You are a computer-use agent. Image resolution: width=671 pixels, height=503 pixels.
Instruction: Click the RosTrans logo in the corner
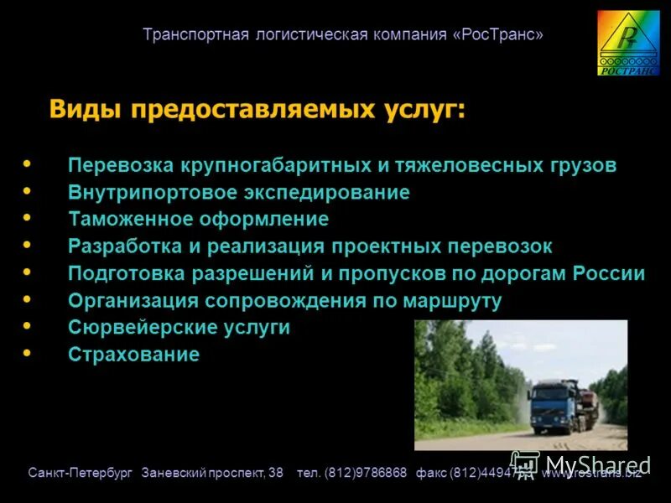627,43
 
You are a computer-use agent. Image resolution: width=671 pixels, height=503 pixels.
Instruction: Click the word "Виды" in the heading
80,109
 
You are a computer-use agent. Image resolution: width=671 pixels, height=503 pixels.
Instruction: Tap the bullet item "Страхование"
133,355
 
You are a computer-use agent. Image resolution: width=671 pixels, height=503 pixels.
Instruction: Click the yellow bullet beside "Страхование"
27,353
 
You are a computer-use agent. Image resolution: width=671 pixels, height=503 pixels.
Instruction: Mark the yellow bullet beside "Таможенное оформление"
27,218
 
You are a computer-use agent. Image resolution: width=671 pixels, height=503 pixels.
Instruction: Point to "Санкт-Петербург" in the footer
81,474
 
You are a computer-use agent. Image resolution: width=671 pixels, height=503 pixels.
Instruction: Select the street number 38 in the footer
275,474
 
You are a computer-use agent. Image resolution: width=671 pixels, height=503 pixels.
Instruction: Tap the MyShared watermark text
596,464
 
